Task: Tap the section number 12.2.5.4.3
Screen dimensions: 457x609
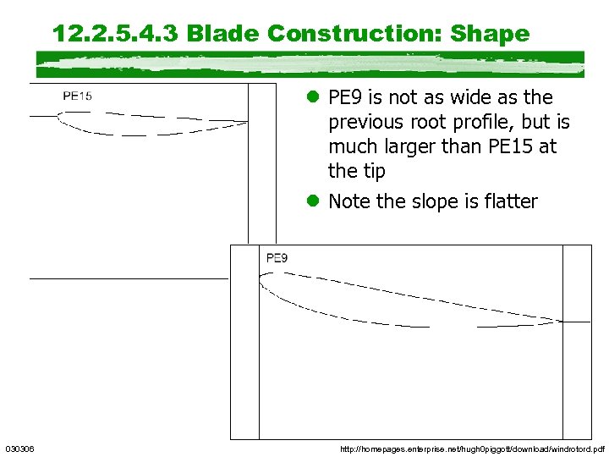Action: click(x=115, y=34)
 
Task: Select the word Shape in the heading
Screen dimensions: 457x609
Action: click(x=490, y=34)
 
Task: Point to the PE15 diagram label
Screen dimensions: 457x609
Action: click(x=77, y=96)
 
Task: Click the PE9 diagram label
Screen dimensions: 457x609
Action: click(x=277, y=257)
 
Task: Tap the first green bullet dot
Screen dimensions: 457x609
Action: click(x=312, y=97)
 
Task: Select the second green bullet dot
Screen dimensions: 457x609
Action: click(x=312, y=201)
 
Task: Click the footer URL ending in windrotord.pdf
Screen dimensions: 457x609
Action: click(x=472, y=448)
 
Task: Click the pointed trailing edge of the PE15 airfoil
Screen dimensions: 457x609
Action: click(x=247, y=121)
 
